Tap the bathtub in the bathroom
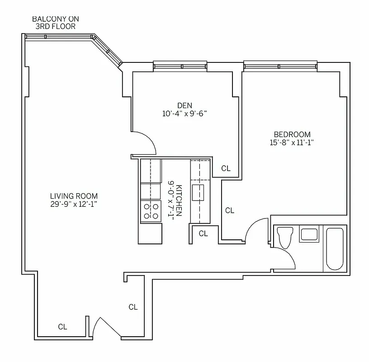[x=335, y=248]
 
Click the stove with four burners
[x=151, y=211]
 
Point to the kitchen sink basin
[x=198, y=192]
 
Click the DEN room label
[x=184, y=105]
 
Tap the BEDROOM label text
[x=292, y=134]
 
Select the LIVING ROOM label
[x=74, y=196]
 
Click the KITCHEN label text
[x=179, y=200]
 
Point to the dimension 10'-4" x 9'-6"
[x=184, y=114]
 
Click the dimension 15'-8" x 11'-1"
[x=292, y=143]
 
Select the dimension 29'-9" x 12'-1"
[x=74, y=204]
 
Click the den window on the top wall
[x=180, y=67]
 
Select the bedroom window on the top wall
[x=280, y=67]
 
